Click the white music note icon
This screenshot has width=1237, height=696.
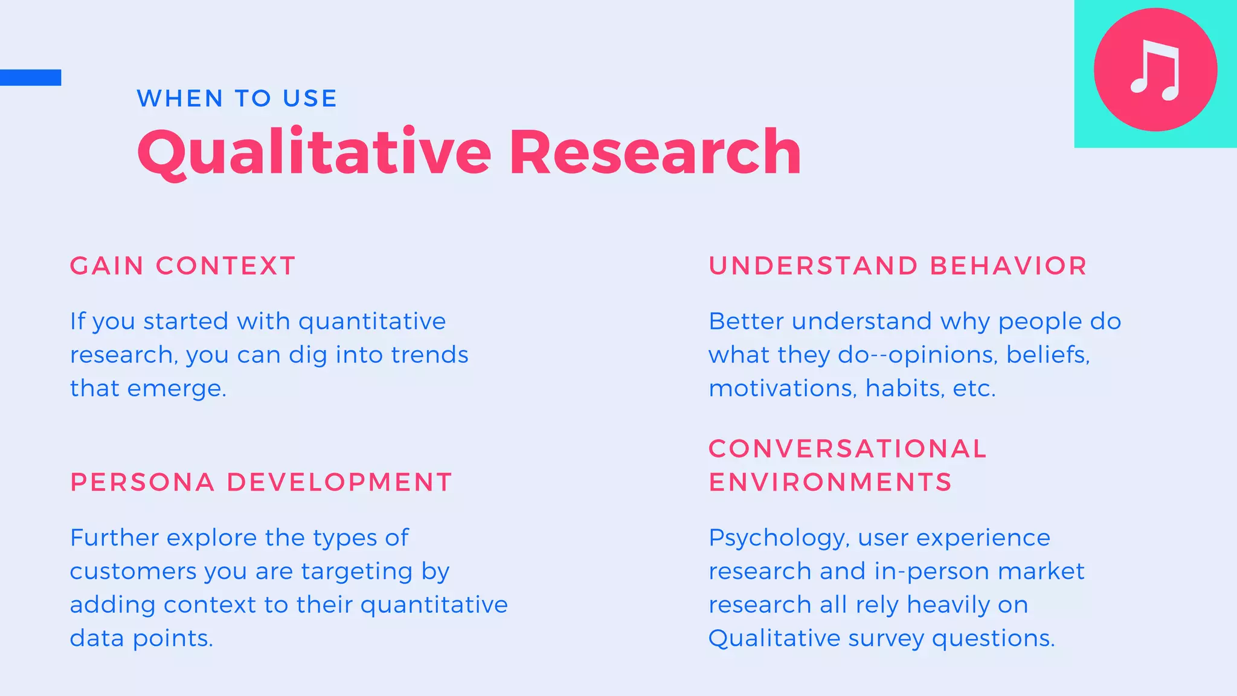1155,70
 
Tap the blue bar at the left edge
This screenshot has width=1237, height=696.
30,77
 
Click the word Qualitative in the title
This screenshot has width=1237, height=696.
314,153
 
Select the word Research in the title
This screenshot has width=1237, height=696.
655,152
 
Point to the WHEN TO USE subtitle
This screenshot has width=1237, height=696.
237,98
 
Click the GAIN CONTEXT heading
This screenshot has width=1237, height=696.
182,266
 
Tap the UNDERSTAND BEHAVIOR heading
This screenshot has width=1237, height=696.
898,266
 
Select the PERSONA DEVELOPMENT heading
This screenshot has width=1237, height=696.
261,482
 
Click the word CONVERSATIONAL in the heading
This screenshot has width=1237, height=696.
847,448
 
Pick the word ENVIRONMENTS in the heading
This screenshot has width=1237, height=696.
831,482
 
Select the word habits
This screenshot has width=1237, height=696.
904,388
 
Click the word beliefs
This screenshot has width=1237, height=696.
1047,355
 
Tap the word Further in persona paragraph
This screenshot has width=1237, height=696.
114,538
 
